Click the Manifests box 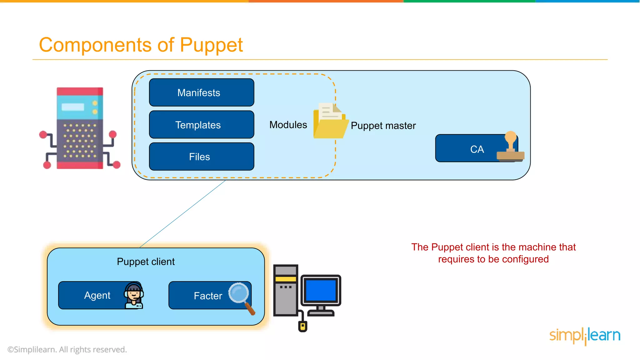pos(202,92)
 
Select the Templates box pos(202,125)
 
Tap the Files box pos(202,157)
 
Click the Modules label pos(288,125)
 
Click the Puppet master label pos(383,126)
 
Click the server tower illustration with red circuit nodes pos(80,128)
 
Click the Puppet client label pos(146,262)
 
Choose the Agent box pos(94,295)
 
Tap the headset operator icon pos(134,295)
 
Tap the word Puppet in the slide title pos(211,45)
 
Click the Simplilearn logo pos(585,336)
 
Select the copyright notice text pos(67,349)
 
